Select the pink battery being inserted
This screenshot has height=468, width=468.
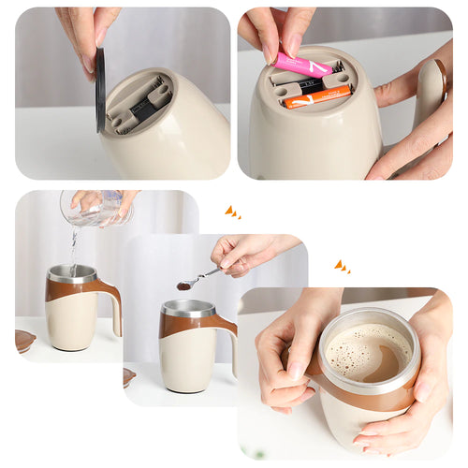click(x=303, y=65)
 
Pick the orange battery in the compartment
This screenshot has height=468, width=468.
click(x=317, y=96)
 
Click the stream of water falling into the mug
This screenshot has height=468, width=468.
click(x=73, y=248)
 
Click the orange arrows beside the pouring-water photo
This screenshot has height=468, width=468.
click(x=232, y=212)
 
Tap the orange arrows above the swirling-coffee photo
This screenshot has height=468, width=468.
click(x=343, y=268)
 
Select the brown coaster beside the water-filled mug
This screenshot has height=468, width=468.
click(x=24, y=341)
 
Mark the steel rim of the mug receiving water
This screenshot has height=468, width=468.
click(x=72, y=273)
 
